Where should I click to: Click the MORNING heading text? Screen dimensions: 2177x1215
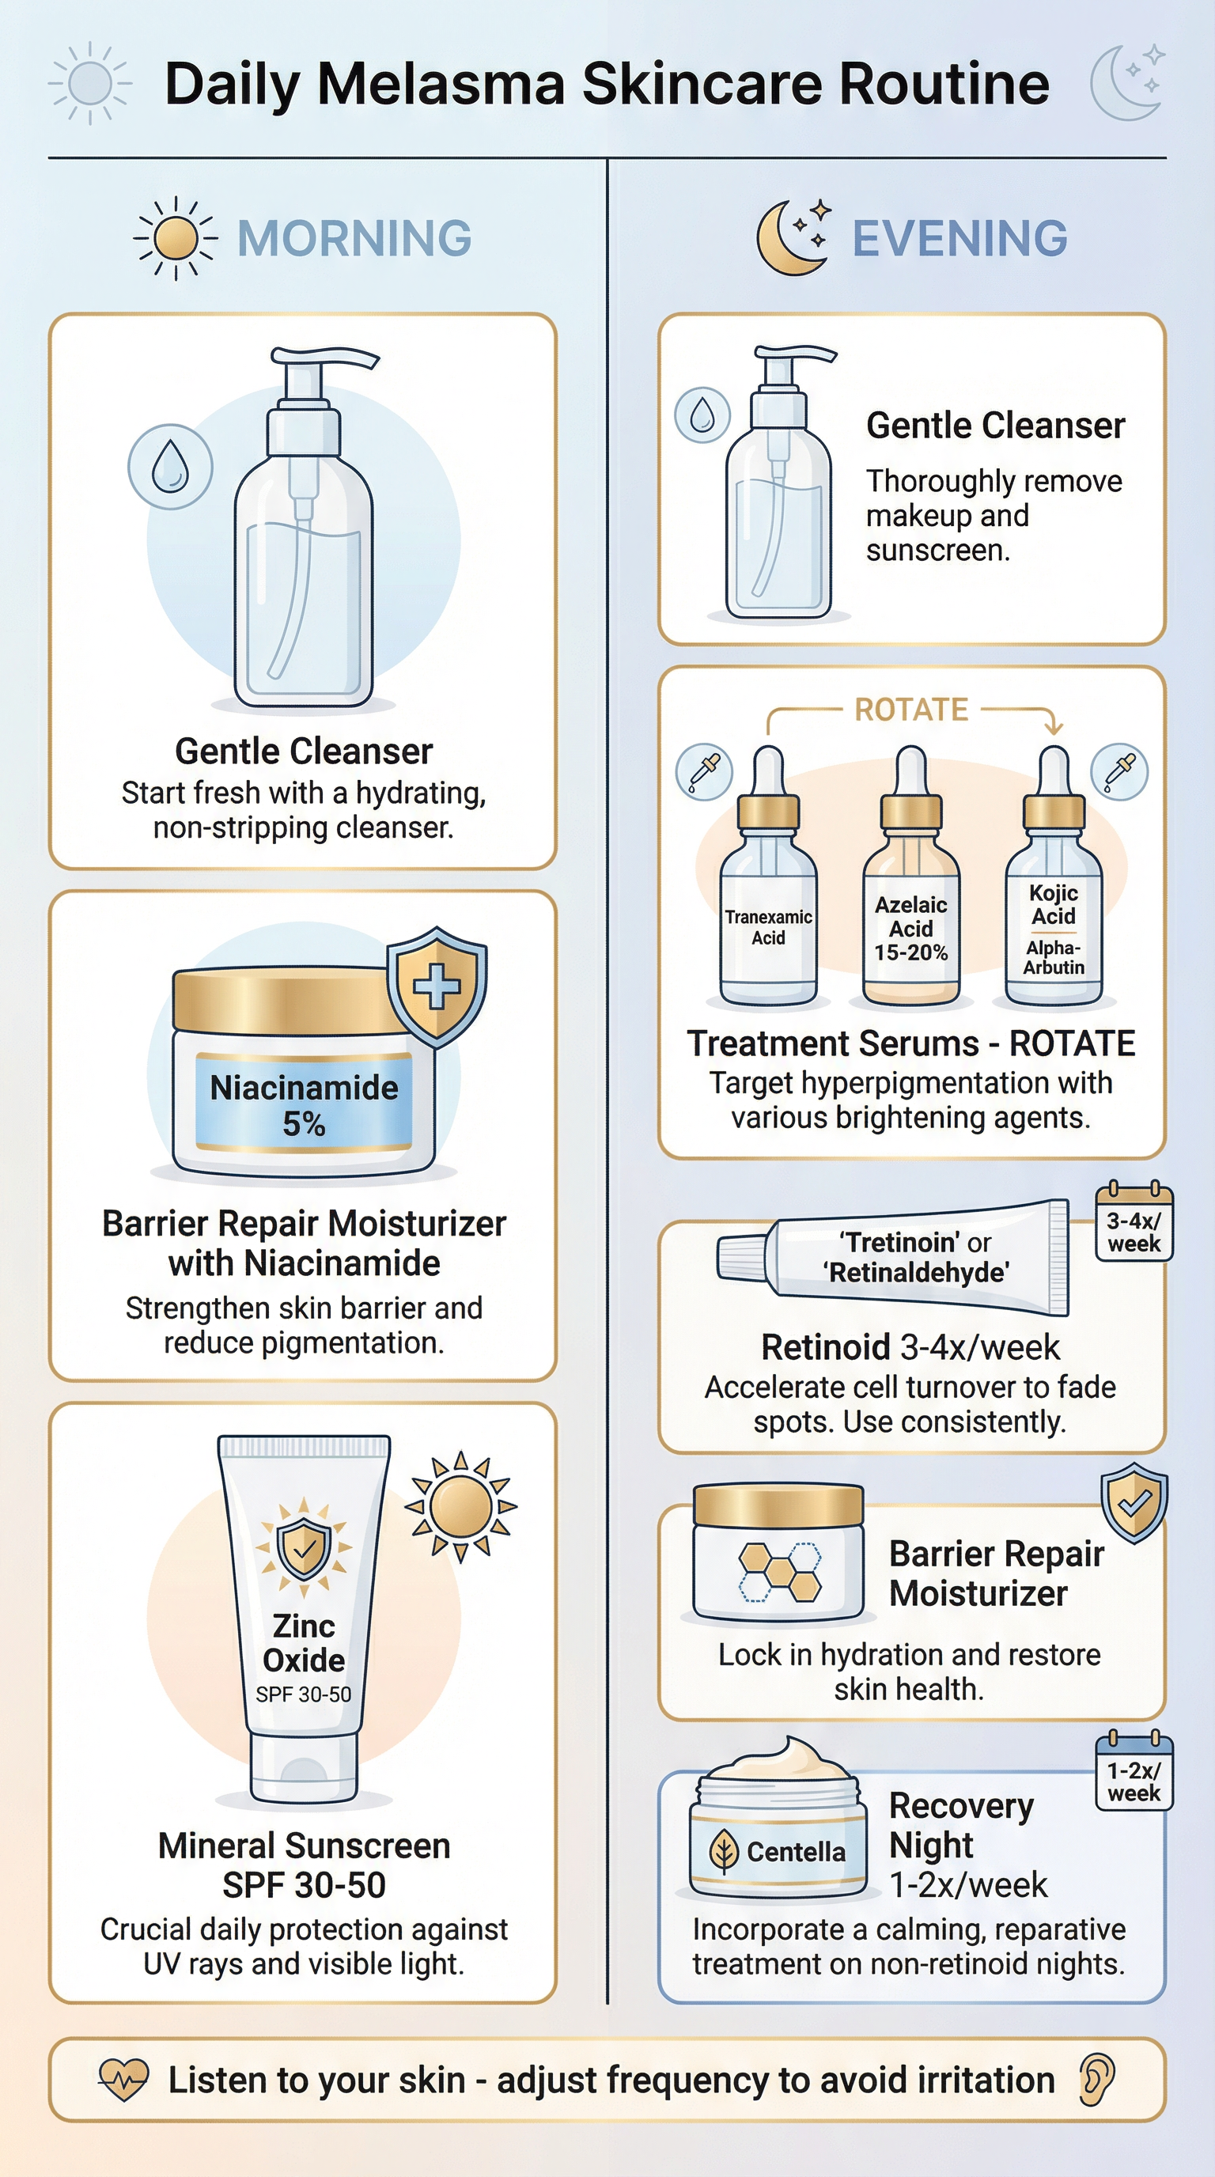tap(354, 238)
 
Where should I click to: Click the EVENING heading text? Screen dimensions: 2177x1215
tap(959, 238)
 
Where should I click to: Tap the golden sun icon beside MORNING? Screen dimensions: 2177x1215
tap(176, 238)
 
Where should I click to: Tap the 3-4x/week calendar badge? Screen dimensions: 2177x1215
tap(1134, 1224)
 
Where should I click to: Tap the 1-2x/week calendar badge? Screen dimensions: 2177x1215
tap(1134, 1773)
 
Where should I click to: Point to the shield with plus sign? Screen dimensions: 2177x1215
tap(437, 986)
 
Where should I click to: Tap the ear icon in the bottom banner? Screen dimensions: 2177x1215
tap(1096, 2080)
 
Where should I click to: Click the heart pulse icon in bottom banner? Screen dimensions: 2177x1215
tap(123, 2080)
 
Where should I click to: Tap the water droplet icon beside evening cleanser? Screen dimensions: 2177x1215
tap(702, 415)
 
